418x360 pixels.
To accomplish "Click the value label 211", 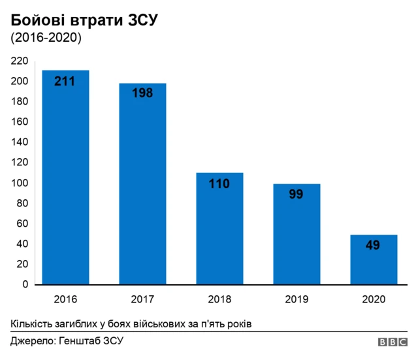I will coord(65,82).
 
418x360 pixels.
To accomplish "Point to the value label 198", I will coord(142,93).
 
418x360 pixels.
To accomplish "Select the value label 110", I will coord(219,184).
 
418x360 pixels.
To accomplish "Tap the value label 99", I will coord(297,194).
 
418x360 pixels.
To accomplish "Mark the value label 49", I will coord(374,246).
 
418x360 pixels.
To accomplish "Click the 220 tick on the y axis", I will coord(20,61).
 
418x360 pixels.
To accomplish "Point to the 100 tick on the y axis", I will coord(20,183).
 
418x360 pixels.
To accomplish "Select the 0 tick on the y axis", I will coord(25,285).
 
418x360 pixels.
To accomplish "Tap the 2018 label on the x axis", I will coord(219,299).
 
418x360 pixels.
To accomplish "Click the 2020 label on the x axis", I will coord(374,299).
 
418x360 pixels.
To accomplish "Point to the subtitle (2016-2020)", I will coord(46,39).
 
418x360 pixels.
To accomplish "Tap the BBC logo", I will coord(393,342).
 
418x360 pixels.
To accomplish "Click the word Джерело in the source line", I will coord(32,342).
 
